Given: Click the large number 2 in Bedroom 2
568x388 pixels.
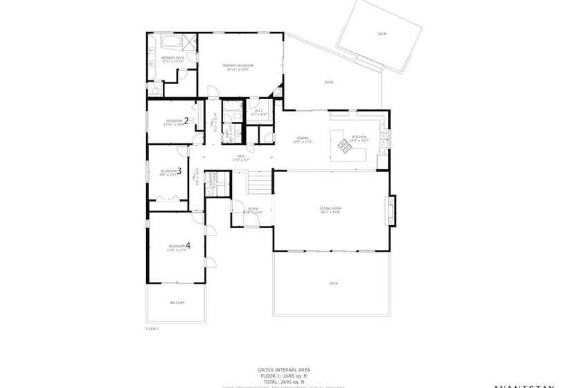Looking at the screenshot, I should click(x=186, y=120).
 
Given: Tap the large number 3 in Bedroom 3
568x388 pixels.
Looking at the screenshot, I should click(x=179, y=170).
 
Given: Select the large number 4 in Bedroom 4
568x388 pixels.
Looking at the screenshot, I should click(x=188, y=245).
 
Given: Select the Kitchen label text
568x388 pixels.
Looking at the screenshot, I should click(x=359, y=137).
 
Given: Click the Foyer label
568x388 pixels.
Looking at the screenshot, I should click(x=254, y=209).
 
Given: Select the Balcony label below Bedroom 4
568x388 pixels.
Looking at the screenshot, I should click(x=177, y=303).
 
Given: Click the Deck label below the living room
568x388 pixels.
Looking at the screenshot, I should click(x=333, y=283).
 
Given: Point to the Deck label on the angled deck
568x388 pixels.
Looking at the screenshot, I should click(x=381, y=34).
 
